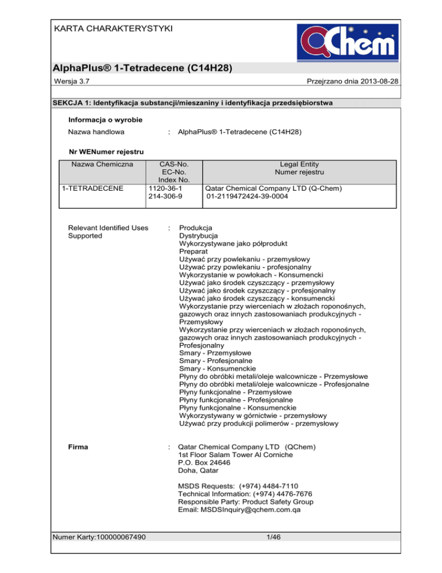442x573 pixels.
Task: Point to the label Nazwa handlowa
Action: click(97, 131)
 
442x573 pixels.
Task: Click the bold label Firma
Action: click(79, 447)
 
